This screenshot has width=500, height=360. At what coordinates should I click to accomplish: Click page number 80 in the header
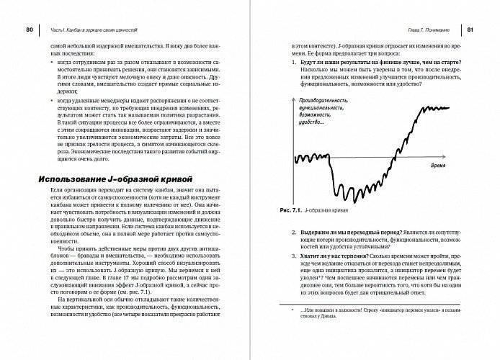(x=29, y=30)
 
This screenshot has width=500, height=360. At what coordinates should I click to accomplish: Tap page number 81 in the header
(x=470, y=30)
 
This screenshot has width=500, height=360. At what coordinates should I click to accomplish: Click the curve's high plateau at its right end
(x=450, y=109)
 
